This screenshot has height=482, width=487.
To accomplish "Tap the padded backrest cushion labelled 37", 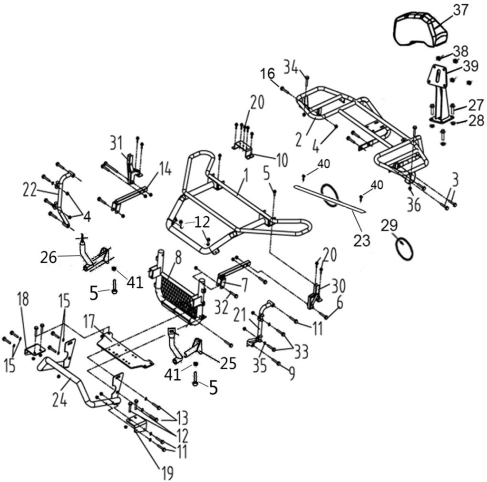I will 420,30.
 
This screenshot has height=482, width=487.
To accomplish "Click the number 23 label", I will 362,241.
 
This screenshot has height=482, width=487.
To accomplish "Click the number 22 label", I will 29,190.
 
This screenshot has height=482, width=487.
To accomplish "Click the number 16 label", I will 267,74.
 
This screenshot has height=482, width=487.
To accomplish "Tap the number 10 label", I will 282,161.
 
